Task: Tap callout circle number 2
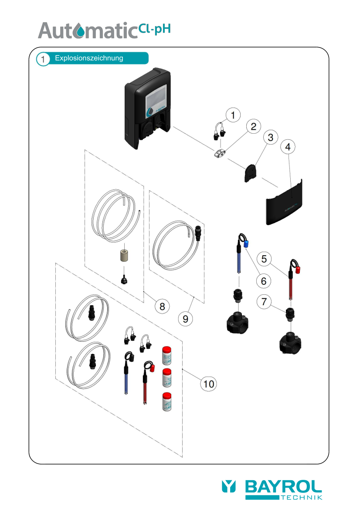click(253, 127)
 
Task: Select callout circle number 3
click(270, 138)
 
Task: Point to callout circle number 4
click(287, 147)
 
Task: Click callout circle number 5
click(264, 259)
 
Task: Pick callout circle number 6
click(263, 281)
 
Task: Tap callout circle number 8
click(162, 306)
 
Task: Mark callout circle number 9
click(185, 319)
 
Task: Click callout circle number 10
click(209, 384)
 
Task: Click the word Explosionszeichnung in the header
click(89, 58)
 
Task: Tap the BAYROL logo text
click(283, 486)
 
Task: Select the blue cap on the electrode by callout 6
click(246, 244)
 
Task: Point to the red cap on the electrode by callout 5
click(299, 270)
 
